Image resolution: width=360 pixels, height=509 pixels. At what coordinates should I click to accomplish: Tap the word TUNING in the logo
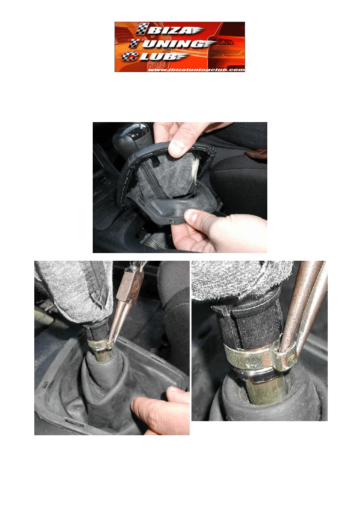coord(172,43)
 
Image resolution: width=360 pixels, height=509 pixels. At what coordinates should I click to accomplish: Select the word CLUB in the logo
coord(154,56)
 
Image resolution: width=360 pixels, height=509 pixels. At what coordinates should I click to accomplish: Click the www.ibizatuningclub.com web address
coord(196,70)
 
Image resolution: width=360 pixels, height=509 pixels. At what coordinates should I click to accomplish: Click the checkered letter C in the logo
coord(129,56)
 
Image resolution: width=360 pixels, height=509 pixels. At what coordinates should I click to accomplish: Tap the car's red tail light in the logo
coord(225,42)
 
